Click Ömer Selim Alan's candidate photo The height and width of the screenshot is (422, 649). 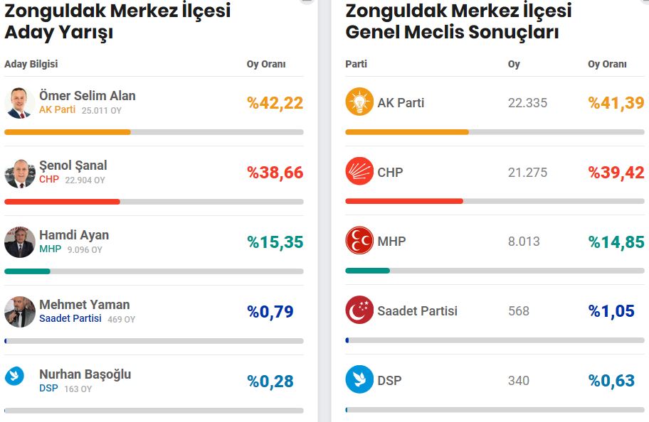[x=20, y=103]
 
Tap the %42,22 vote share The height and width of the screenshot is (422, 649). [x=275, y=103]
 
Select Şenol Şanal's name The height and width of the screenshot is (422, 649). [x=73, y=166]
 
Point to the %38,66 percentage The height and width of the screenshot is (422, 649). [x=275, y=173]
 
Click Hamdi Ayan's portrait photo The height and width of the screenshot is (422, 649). [x=20, y=242]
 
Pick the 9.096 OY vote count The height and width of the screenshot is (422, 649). [x=85, y=249]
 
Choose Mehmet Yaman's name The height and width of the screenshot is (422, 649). [x=85, y=305]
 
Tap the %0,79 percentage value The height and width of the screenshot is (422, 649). [x=270, y=312]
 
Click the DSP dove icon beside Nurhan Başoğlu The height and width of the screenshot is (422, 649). [x=14, y=376]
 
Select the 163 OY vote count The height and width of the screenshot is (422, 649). [x=78, y=389]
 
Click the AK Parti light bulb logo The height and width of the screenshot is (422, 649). [x=359, y=102]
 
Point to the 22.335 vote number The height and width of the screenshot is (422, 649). [x=528, y=103]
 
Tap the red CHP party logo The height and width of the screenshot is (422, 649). [x=359, y=171]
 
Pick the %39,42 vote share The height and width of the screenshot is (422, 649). [x=616, y=173]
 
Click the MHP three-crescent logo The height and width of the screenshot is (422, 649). [x=359, y=240]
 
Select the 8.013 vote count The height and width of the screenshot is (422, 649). [x=524, y=242]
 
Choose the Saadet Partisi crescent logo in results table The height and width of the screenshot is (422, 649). [x=359, y=310]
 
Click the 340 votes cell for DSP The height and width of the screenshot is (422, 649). [x=519, y=381]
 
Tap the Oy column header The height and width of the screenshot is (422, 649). [x=514, y=64]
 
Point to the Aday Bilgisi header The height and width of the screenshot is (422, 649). [x=31, y=64]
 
